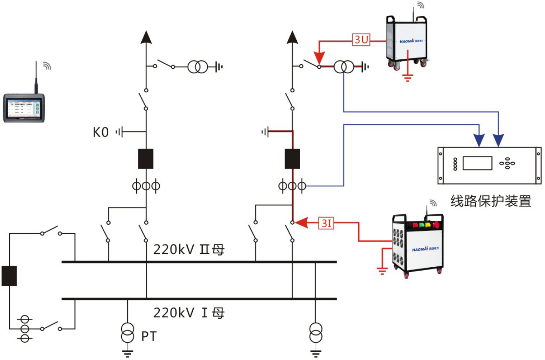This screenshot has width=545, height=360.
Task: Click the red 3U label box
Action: click(x=361, y=41)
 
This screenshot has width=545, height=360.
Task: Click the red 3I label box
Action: click(x=326, y=223)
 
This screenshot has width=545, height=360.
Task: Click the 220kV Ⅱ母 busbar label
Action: click(x=189, y=249)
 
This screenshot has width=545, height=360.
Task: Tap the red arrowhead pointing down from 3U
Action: click(x=319, y=58)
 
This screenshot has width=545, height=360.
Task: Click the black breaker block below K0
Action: click(x=146, y=159)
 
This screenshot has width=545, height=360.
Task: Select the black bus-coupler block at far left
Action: click(x=9, y=276)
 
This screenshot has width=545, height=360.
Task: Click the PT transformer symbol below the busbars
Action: click(x=127, y=334)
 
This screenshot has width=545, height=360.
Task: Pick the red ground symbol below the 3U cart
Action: click(x=407, y=77)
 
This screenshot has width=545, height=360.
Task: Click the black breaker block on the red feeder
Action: click(x=292, y=159)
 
